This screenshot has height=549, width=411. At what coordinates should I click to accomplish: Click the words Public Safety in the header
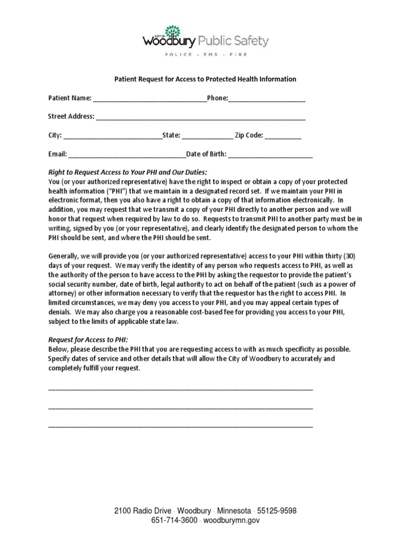pos(234,41)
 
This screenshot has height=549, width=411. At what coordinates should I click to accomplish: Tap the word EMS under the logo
pos(206,55)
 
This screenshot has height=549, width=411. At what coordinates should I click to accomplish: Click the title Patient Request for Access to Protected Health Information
pos(205,79)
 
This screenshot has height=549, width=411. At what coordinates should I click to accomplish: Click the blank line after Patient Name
pos(149,100)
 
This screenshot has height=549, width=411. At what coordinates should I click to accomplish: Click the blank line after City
pos(112,137)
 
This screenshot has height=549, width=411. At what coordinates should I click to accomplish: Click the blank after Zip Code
pos(283,137)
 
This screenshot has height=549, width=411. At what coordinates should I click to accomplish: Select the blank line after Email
pos(127,156)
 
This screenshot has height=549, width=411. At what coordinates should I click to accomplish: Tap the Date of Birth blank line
pos(270,156)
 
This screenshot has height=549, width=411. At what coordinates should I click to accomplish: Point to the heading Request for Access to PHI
pos(88,340)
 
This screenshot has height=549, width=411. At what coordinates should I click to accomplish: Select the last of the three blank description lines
pos(180,427)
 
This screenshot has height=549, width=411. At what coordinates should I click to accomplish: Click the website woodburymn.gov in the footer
pos(231,520)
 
